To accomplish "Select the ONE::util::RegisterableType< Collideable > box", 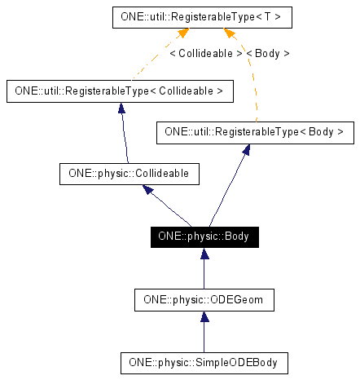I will pos(119,91).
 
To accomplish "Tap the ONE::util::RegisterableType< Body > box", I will pos(254,131).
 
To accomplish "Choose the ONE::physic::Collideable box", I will pos(130,173).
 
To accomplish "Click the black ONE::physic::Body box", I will pos(203,237).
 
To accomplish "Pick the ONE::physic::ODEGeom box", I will pos(203,299).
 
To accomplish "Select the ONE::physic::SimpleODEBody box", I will pos(203,360).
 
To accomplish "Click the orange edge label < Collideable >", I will pos(205,53).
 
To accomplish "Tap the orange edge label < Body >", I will pos(267,53).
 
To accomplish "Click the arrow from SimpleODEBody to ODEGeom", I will pos(203,330).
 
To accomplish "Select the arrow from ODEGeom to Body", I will pos(203,268).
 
